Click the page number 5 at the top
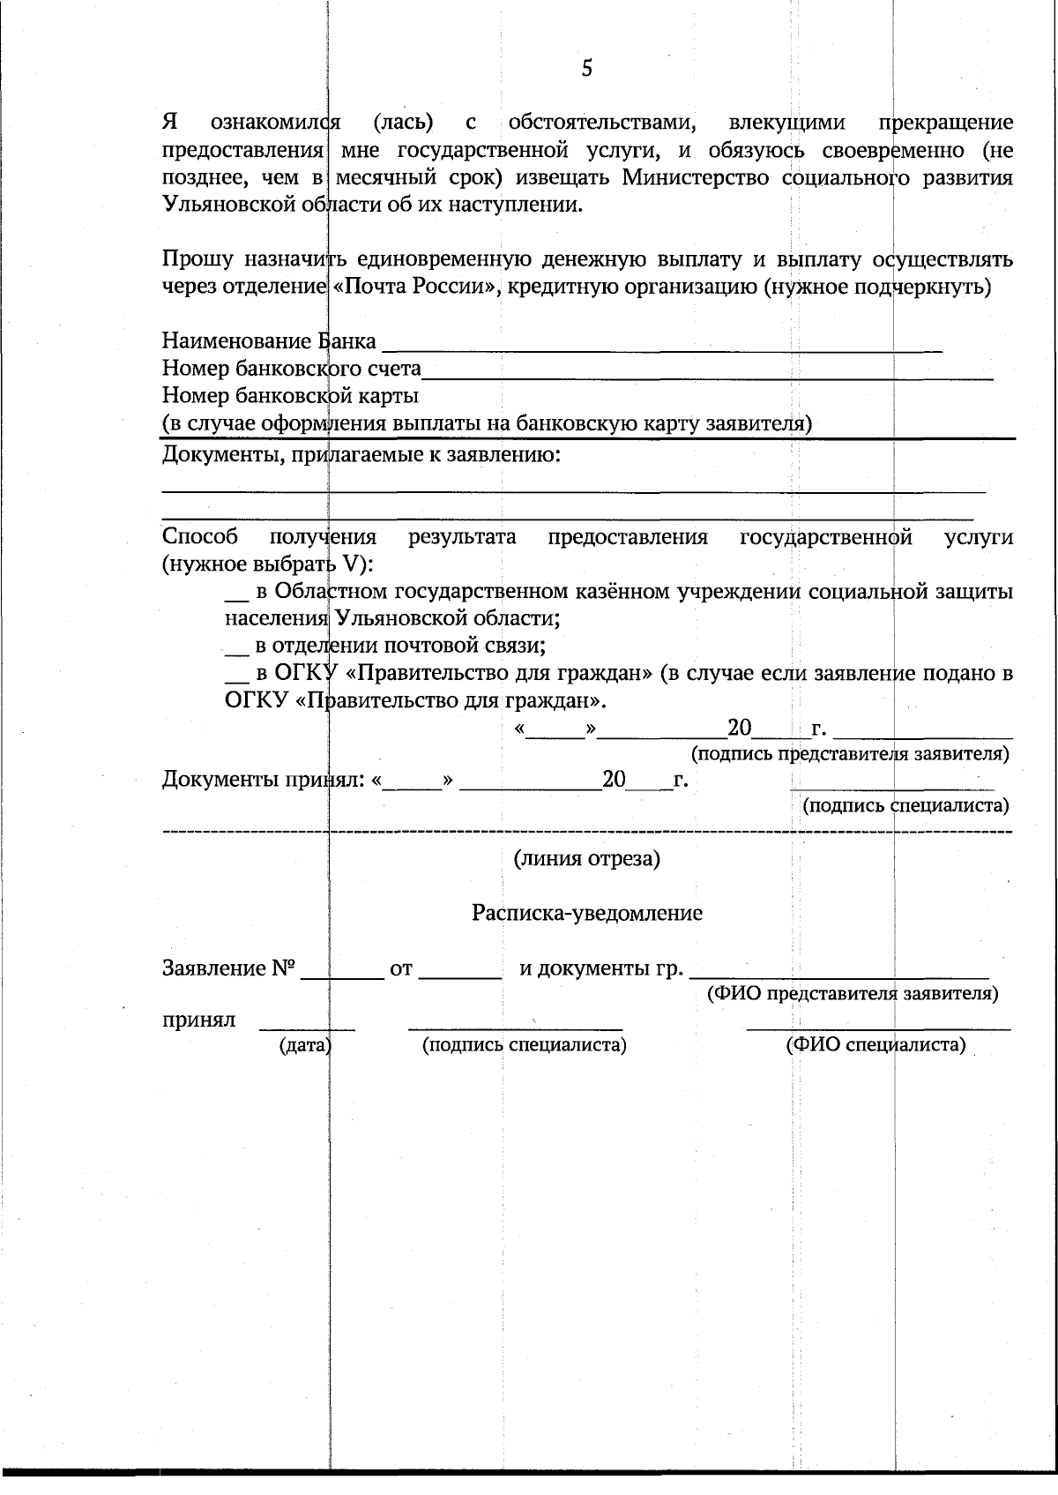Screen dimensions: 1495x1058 (587, 68)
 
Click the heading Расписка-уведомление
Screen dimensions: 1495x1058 (587, 913)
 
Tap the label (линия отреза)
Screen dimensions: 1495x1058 (587, 859)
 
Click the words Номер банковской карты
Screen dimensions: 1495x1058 (290, 396)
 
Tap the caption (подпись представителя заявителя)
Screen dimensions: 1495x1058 (850, 754)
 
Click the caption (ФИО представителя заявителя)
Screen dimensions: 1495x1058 (853, 993)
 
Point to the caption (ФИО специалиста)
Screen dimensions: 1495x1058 (875, 1045)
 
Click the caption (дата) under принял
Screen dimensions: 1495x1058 (305, 1046)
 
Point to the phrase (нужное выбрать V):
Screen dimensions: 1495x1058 (267, 564)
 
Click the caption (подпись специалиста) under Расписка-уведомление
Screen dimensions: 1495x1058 (524, 1045)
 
